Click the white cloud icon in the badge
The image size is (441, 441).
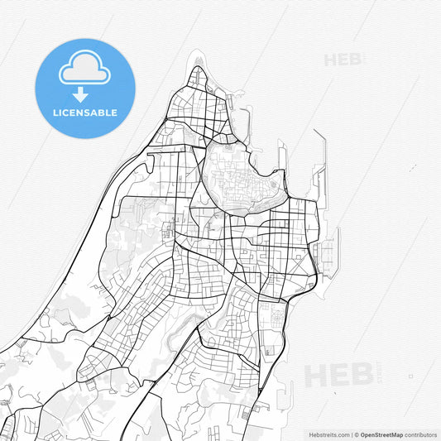(84, 70)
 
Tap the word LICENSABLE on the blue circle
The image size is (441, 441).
(84, 113)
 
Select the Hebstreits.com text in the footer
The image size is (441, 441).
(323, 434)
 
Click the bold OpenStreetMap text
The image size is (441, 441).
(381, 434)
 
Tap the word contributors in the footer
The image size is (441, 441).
(420, 434)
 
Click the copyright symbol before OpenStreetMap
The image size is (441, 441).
(356, 434)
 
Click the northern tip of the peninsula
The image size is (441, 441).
(197, 70)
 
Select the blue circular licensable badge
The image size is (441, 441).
(84, 87)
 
